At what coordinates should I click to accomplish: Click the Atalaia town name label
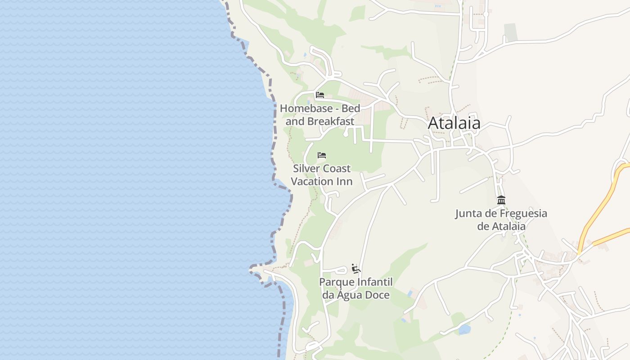tap(454, 123)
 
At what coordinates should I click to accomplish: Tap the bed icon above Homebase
tap(320, 95)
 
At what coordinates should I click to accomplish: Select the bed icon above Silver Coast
tap(321, 155)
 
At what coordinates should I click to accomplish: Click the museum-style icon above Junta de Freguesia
tap(501, 200)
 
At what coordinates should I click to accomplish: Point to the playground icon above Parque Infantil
tap(356, 269)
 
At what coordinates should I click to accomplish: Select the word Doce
tap(379, 295)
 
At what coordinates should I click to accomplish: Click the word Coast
tap(337, 169)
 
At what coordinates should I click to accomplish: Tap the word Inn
tap(346, 181)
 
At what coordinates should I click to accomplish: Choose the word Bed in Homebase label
tap(351, 108)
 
